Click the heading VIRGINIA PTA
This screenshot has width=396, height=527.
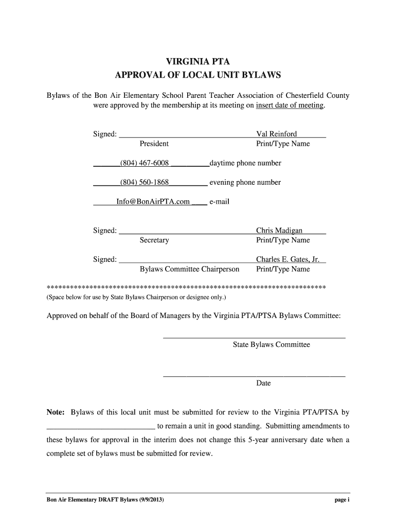coord(197,62)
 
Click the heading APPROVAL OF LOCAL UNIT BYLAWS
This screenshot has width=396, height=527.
coord(197,75)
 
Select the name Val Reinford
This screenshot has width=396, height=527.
coord(276,134)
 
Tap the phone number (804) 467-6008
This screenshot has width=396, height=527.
coord(145,163)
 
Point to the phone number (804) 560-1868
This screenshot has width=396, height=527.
coord(145,182)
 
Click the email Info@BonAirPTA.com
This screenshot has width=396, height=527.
coord(153,202)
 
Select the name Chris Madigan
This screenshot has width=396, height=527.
coord(279,231)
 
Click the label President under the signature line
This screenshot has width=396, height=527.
coord(154,144)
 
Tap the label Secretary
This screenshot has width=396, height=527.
coord(154,240)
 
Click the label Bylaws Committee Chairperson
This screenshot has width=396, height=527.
coord(189,269)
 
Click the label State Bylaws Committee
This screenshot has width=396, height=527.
coord(271,345)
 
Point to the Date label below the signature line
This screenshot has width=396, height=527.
coord(263,383)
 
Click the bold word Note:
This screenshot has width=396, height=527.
coord(56,412)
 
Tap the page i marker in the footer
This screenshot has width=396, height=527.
coord(341,500)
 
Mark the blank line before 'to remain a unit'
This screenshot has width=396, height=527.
coord(100,427)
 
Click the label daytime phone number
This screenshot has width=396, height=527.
coord(245,163)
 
